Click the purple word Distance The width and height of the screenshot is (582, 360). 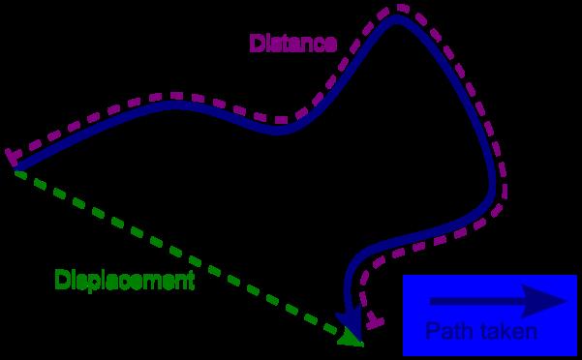click(x=292, y=44)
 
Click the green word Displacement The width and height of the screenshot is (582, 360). click(x=124, y=282)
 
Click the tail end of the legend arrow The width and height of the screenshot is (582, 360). click(x=432, y=303)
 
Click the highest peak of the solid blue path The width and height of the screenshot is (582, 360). click(x=395, y=19)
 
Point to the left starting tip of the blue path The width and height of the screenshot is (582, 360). click(x=16, y=170)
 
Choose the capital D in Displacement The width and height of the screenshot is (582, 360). click(x=61, y=281)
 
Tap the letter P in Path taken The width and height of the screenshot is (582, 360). click(x=432, y=332)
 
